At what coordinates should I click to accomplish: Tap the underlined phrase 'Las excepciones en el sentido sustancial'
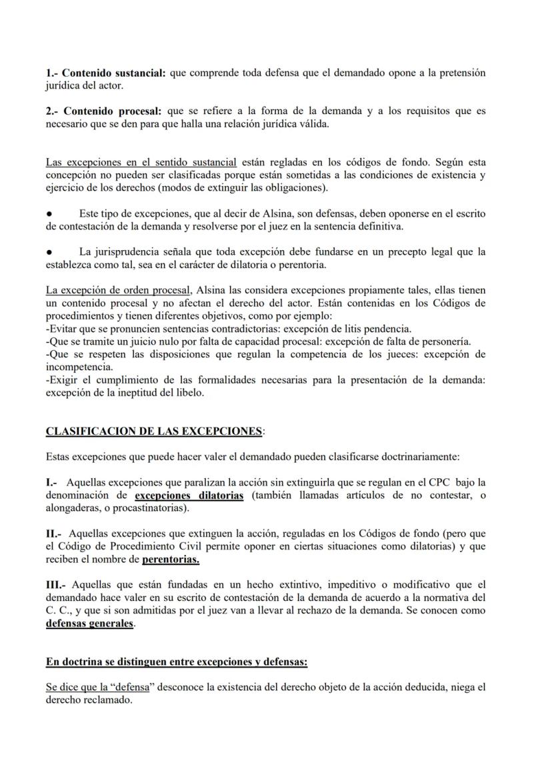(141, 162)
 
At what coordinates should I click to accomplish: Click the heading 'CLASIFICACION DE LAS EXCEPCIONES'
(153, 432)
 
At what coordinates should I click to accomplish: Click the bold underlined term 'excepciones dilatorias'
(189, 495)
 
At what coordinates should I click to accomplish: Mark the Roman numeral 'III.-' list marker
(57, 585)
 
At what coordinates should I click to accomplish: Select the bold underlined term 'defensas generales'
(90, 624)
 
